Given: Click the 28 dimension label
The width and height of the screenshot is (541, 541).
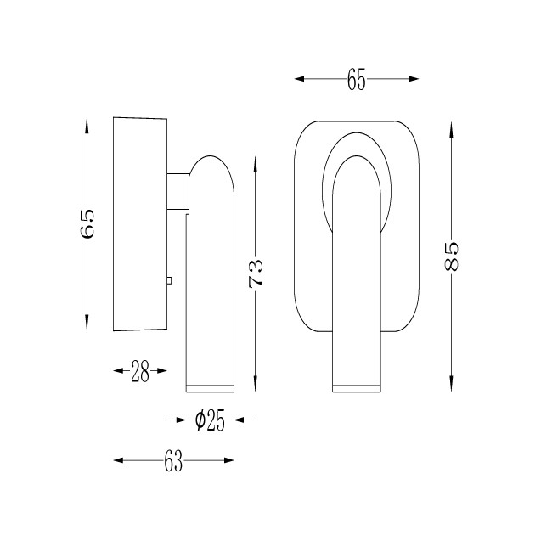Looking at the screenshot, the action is pyautogui.click(x=140, y=371).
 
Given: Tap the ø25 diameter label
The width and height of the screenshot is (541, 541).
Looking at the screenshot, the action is pyautogui.click(x=210, y=420).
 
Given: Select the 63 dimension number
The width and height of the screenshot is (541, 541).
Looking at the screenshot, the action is pyautogui.click(x=173, y=460).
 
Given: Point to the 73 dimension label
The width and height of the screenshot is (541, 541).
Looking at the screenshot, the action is pyautogui.click(x=256, y=273).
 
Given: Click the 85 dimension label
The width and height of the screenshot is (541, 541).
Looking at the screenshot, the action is pyautogui.click(x=451, y=256).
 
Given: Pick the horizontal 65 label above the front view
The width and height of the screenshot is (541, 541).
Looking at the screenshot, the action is pyautogui.click(x=356, y=79).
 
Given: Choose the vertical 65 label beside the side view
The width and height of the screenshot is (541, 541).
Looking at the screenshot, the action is pyautogui.click(x=87, y=223).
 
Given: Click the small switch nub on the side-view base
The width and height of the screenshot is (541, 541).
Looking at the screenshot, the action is pyautogui.click(x=169, y=280).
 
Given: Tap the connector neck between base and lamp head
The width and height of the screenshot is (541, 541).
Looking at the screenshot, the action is pyautogui.click(x=178, y=191).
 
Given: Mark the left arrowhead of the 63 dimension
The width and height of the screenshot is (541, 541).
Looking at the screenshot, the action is pyautogui.click(x=118, y=460).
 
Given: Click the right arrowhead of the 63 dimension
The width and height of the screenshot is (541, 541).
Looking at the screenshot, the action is pyautogui.click(x=229, y=460).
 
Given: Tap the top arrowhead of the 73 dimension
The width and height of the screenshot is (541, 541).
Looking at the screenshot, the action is pyautogui.click(x=256, y=165).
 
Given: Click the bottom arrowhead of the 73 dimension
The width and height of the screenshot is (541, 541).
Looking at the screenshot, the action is pyautogui.click(x=256, y=383).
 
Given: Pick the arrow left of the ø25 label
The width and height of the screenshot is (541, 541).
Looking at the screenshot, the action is pyautogui.click(x=177, y=420).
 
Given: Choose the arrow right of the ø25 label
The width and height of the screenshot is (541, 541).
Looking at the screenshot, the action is pyautogui.click(x=244, y=420).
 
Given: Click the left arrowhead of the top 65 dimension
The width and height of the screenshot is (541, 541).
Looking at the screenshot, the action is pyautogui.click(x=299, y=79).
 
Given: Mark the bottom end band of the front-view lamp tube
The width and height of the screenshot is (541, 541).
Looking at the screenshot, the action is pyautogui.click(x=357, y=388).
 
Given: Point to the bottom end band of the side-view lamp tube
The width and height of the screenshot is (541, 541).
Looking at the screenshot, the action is pyautogui.click(x=210, y=388).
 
